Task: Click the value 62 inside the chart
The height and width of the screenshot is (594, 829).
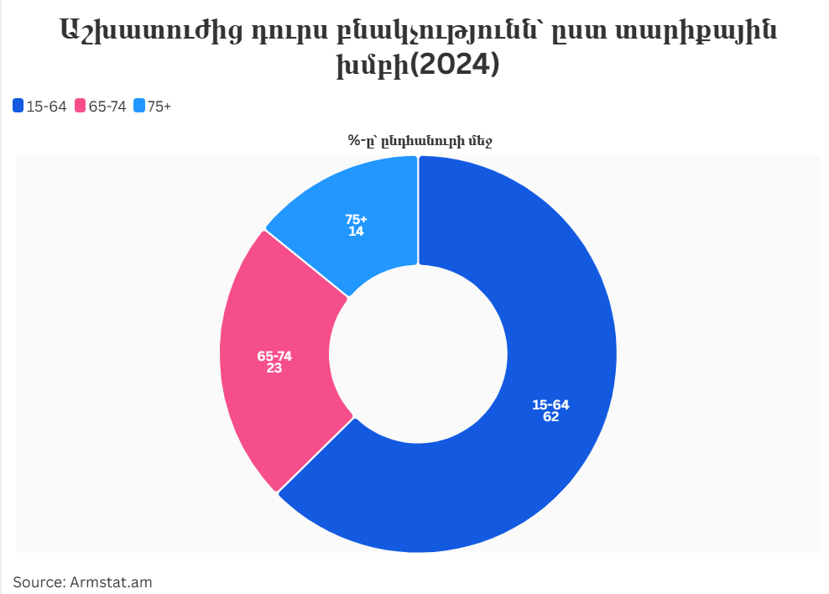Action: point(550,417)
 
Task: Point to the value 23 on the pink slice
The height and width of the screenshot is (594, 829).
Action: point(274,367)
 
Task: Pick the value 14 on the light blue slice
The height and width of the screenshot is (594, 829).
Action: point(356,231)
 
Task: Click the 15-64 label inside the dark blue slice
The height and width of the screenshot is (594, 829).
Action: point(550,405)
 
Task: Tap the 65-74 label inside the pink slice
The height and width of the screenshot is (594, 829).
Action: point(274,356)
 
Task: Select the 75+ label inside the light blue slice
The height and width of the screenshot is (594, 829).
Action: point(356,219)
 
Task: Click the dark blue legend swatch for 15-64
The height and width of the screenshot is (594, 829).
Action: point(18,106)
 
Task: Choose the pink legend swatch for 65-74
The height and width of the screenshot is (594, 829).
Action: point(81,106)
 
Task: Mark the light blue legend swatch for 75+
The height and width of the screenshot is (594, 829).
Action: point(139,106)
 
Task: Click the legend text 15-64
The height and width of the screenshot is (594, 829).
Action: point(46,106)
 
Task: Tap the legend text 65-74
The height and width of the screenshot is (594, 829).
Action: point(107,106)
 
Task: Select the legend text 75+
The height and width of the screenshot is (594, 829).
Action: point(159,106)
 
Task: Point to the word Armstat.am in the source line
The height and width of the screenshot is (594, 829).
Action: point(111,581)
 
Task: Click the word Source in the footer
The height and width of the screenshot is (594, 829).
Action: point(39,581)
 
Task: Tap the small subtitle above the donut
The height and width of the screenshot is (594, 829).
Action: point(420,141)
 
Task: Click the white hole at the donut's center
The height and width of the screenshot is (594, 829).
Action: point(418,354)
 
